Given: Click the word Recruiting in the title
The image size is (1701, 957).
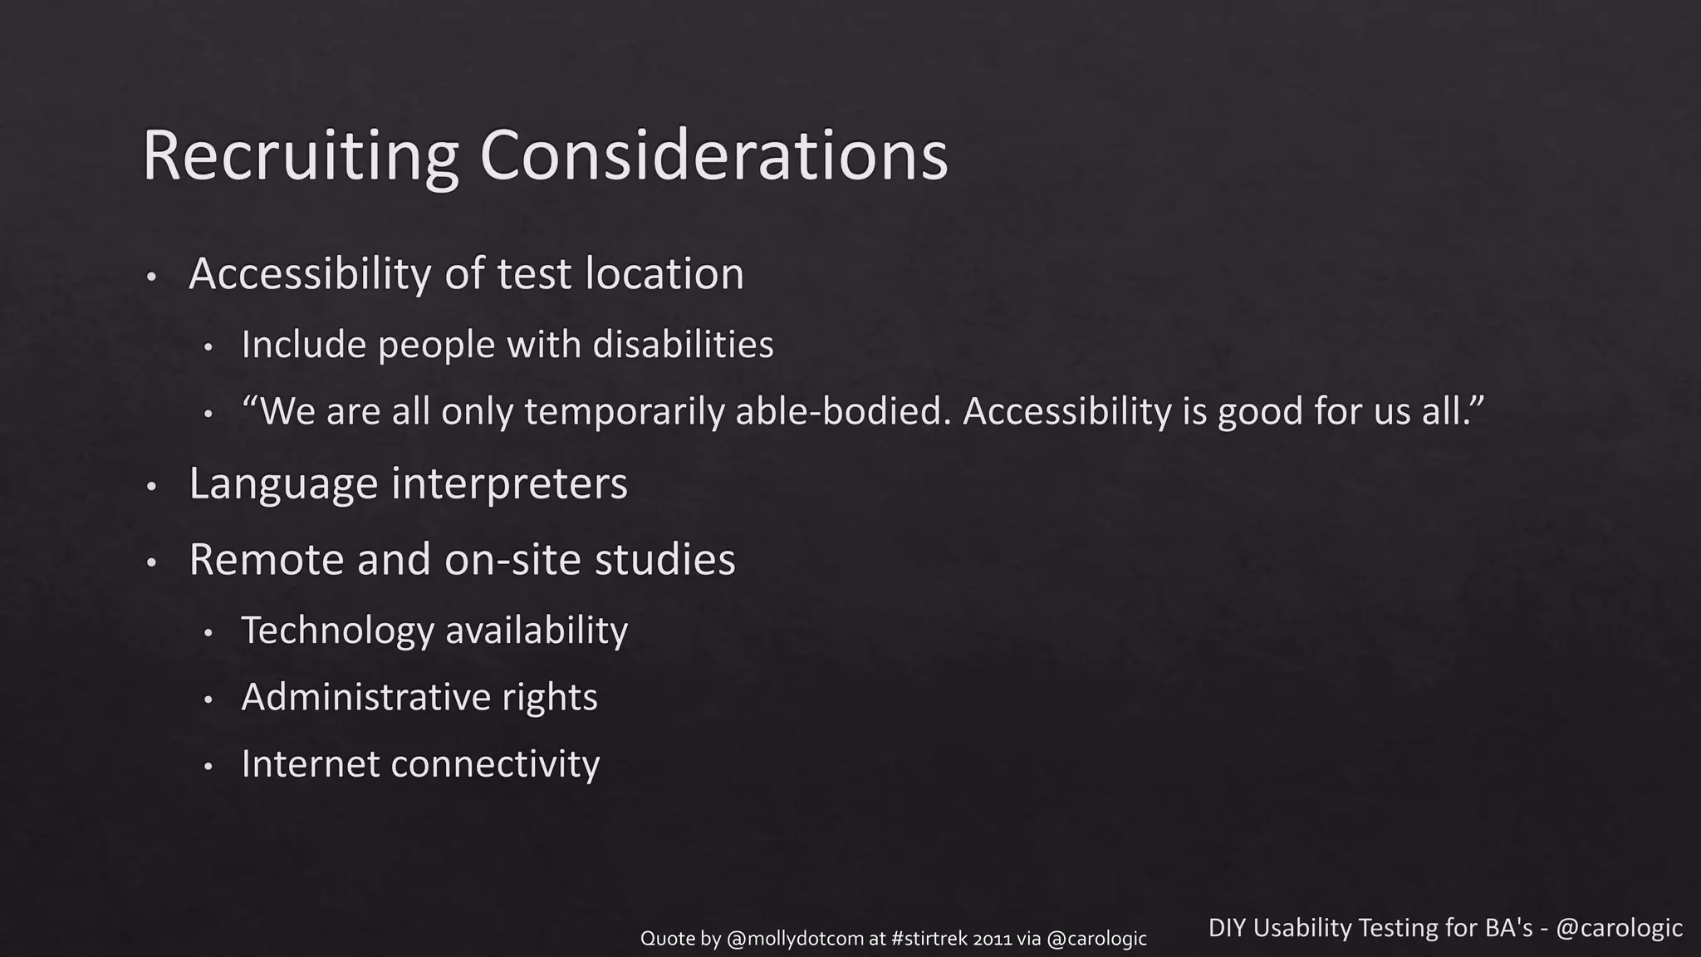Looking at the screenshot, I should pos(301,156).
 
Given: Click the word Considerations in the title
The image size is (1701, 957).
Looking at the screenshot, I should pos(713,156).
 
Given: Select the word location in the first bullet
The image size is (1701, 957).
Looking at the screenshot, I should pos(664,274).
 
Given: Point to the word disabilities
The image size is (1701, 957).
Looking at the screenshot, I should pos(683,345).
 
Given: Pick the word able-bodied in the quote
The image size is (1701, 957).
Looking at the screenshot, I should pos(842,412).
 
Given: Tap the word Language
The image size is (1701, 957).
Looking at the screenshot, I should pos(283,484).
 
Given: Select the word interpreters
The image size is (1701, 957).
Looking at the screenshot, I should pos(509,484).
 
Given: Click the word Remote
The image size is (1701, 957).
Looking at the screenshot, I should pos(267,560).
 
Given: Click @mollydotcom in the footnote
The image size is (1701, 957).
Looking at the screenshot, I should pos(795,939).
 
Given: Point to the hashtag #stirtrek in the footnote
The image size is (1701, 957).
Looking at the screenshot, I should pos(929,939).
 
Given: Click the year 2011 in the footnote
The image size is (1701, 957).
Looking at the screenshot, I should pos(992,939).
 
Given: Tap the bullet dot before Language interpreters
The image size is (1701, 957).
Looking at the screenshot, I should pos(151,487).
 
